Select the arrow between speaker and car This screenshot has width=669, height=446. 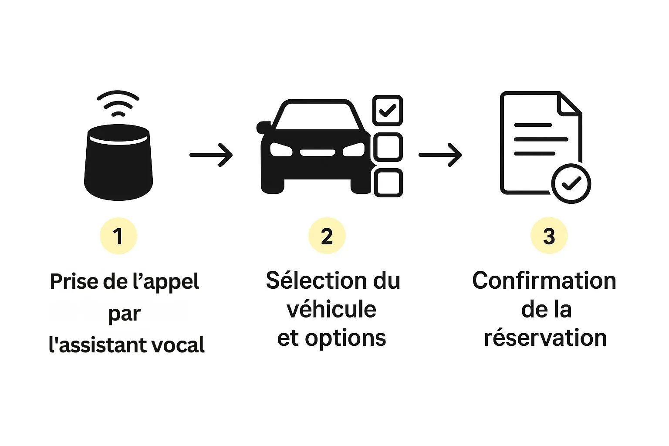coord(211,155)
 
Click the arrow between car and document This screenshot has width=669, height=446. coord(440,155)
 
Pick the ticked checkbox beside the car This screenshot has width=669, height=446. coord(388,110)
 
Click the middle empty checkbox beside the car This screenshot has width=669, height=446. coord(388,147)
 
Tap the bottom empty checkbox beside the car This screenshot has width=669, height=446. coord(388,183)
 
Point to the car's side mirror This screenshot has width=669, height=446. coord(264,127)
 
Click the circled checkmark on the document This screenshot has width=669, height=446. coord(571,183)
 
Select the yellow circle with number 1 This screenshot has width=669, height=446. coord(118,236)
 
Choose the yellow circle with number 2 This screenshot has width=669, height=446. coord(327,236)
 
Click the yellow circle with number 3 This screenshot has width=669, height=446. coord(549,236)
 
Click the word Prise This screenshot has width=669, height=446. coord(74,281)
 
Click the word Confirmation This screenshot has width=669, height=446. coord(544,281)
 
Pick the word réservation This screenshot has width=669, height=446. coord(545,338)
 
